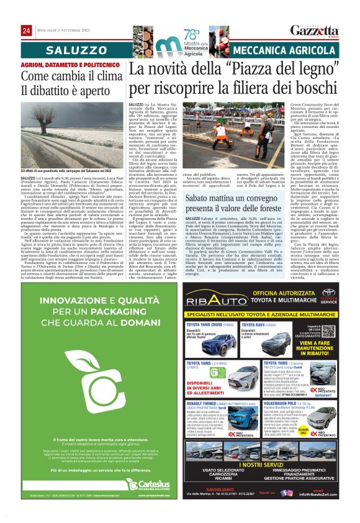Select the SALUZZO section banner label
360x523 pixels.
click(x=65, y=48)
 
